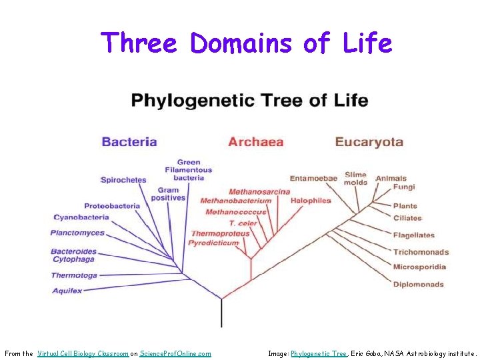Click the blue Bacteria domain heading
129,141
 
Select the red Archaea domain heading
255,141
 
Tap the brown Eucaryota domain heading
369,141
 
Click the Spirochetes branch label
123,180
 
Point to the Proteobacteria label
112,206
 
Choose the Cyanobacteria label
81,217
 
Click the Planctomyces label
77,233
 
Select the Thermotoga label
74,275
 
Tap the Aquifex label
67,291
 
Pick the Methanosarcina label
259,192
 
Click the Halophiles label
311,201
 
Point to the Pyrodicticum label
213,243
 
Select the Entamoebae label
313,178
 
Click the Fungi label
404,187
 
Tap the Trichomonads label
421,252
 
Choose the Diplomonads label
418,285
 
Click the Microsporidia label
419,267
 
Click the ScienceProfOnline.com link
175,353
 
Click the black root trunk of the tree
221,313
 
